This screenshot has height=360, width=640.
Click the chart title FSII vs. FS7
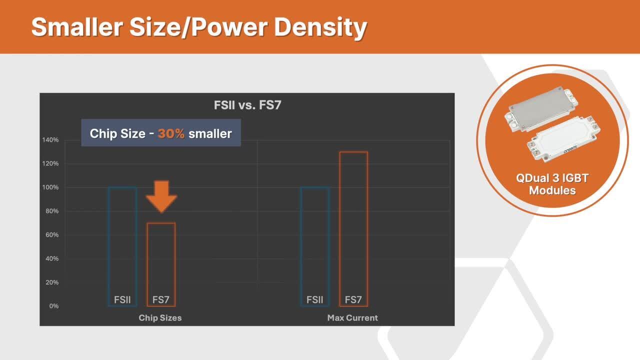click(247, 105)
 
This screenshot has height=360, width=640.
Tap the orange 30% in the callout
click(171, 133)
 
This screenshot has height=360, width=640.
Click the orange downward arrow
click(161, 196)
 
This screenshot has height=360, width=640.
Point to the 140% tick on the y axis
click(50, 139)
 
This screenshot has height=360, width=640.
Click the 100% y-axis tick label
click(50, 187)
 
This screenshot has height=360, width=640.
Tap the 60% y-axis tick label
click(51, 234)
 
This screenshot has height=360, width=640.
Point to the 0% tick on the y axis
click(53, 306)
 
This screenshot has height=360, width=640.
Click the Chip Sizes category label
click(160, 317)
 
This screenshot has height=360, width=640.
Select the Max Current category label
click(352, 317)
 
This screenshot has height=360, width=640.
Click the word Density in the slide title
click(320, 27)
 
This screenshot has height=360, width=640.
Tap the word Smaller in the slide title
click(77, 27)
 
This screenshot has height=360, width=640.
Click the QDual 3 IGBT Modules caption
click(552, 184)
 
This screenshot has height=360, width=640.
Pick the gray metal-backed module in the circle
click(541, 109)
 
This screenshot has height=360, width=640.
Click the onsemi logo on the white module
click(570, 149)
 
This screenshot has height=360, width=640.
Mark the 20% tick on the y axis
click(51, 282)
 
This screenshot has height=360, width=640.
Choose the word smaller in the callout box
click(210, 133)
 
